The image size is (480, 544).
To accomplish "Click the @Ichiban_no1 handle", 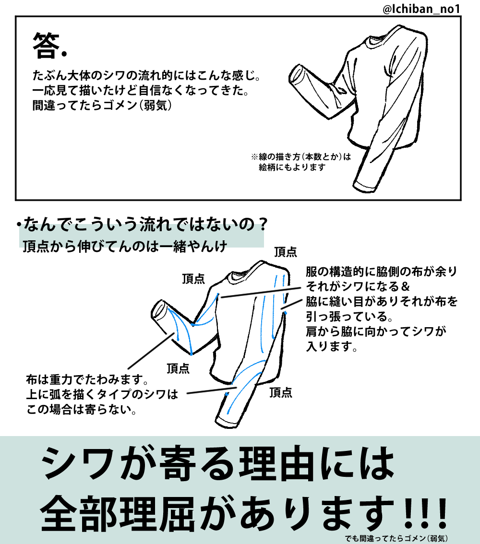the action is point(421,9).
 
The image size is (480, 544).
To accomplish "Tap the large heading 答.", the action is point(46,46).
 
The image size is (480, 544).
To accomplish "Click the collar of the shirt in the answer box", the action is point(378,39).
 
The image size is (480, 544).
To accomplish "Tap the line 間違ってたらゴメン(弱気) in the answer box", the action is point(102,105).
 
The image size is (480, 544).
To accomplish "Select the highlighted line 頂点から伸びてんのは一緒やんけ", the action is point(125,246).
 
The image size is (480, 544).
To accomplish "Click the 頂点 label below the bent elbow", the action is point(178,368).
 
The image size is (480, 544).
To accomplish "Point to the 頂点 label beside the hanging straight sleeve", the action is point(281,392).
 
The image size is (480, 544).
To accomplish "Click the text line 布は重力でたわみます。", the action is point(87,379).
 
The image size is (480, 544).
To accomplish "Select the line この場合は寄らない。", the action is point(82,409).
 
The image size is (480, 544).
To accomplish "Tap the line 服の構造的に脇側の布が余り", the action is point(382,272).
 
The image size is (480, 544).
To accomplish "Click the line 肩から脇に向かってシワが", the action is point(376,331).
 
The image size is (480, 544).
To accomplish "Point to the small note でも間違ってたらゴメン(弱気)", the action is point(396,538).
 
